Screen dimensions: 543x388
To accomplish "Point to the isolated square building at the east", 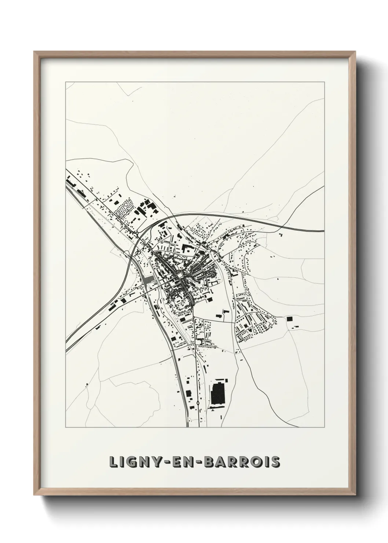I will point(290,319).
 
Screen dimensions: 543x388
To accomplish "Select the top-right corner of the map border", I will point(324,82).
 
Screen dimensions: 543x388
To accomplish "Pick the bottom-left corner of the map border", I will point(66,427).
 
